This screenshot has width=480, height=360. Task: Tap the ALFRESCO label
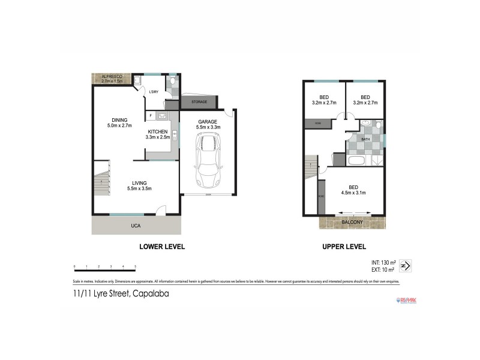(x=112, y=77)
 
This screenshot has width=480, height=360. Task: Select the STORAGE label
(x=199, y=102)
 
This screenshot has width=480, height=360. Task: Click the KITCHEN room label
(x=158, y=131)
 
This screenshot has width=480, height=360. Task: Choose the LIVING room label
(x=139, y=183)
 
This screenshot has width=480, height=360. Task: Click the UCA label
(x=136, y=226)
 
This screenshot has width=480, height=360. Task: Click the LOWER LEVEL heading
(x=162, y=247)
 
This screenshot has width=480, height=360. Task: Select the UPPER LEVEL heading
(x=344, y=247)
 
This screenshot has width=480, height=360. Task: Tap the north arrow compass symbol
(x=406, y=265)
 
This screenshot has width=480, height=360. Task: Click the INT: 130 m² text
(x=384, y=263)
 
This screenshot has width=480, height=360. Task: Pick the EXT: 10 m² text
(x=384, y=269)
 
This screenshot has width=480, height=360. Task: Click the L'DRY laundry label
(x=154, y=92)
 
